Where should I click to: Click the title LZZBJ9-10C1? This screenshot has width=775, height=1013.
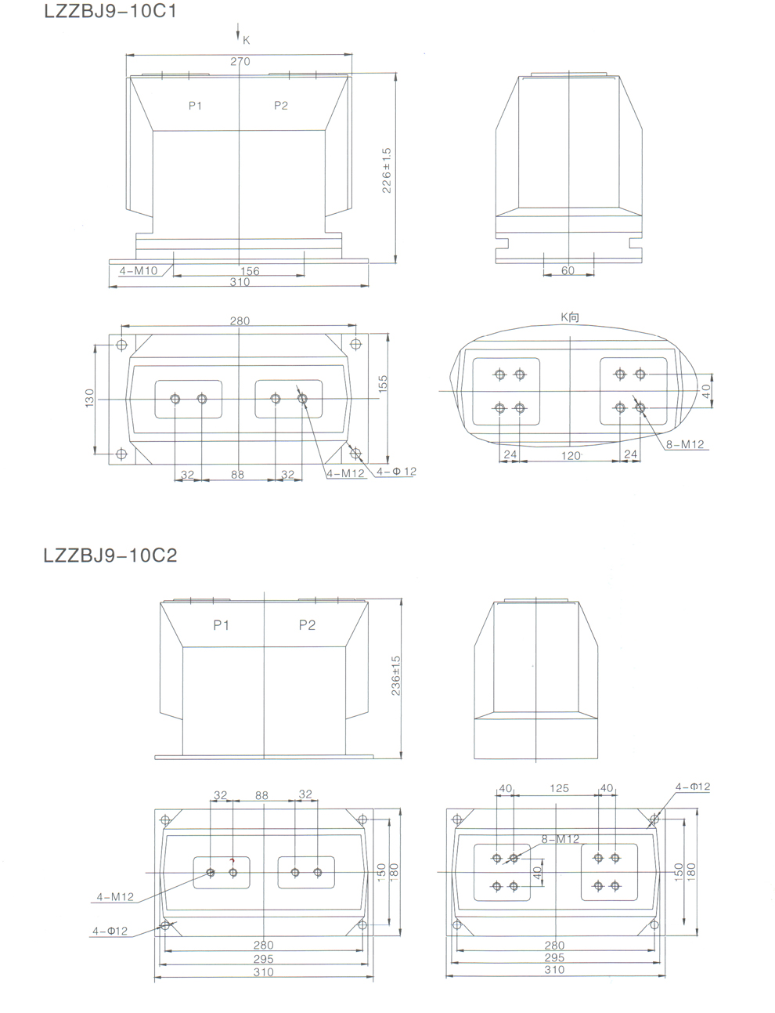[x=110, y=11]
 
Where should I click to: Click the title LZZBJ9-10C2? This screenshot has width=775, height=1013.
[x=110, y=555]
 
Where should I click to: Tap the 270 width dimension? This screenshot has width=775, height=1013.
[x=240, y=62]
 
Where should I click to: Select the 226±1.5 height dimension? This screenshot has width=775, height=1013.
[x=387, y=170]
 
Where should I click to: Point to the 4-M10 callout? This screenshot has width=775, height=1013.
[x=139, y=270]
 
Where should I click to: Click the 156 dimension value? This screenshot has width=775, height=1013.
[x=250, y=271]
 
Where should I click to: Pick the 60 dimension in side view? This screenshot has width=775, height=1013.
[x=568, y=270]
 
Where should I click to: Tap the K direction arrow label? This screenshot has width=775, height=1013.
[x=246, y=41]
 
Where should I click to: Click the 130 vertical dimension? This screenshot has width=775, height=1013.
[x=89, y=398]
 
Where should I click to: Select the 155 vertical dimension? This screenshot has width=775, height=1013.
[x=383, y=384]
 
